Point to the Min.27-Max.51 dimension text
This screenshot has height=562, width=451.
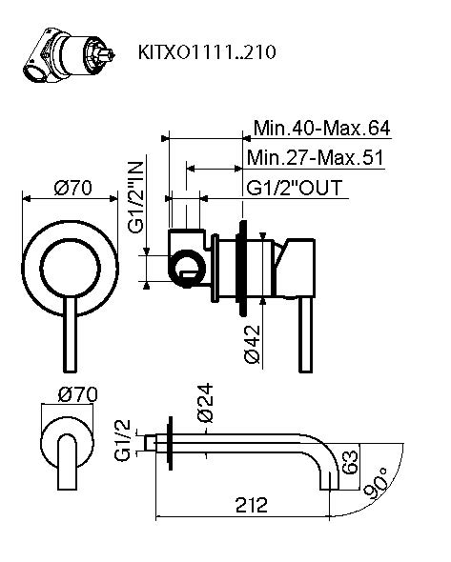click(x=314, y=157)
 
